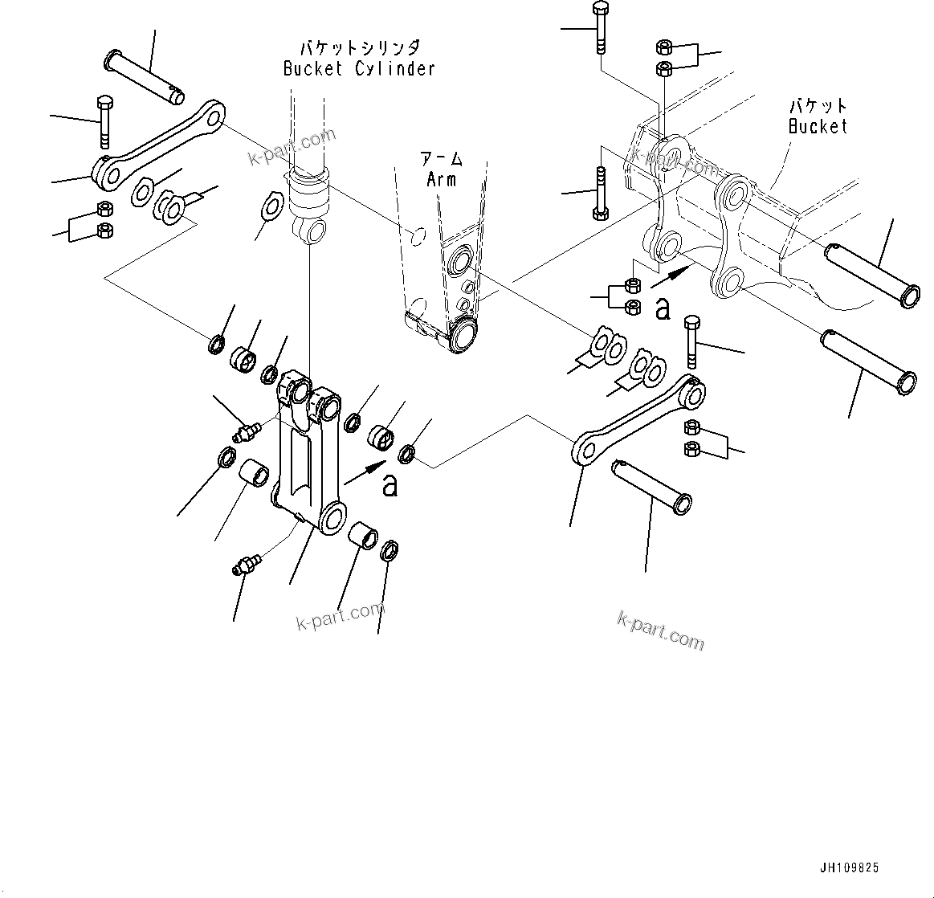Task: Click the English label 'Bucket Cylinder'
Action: coord(358,68)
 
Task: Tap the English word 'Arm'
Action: coord(442,178)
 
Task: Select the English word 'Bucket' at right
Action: coord(818,126)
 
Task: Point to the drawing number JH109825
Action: coord(849,867)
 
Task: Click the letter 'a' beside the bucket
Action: coord(663,308)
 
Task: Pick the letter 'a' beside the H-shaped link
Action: coord(390,485)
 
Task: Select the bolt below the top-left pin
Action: coord(104,121)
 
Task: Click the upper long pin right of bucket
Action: coord(871,274)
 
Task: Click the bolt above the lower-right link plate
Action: coord(691,341)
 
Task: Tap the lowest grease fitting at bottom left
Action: coord(245,564)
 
